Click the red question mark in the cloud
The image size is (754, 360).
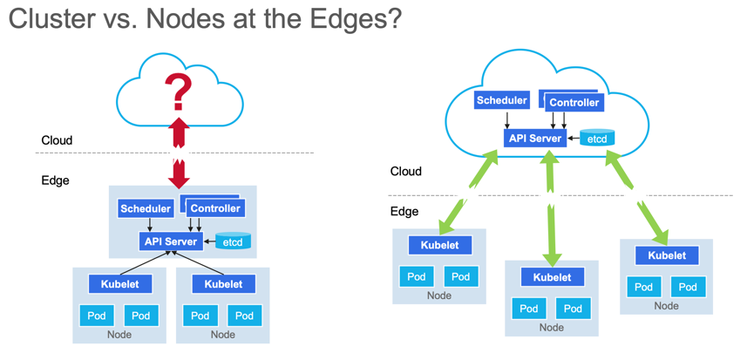(x=178, y=91)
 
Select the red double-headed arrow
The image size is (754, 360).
(x=179, y=151)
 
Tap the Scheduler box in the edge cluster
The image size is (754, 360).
(x=146, y=208)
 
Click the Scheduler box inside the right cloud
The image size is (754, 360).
(x=501, y=100)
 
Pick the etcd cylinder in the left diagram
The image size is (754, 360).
(x=234, y=241)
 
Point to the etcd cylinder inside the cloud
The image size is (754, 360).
(x=597, y=138)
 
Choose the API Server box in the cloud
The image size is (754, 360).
(x=534, y=138)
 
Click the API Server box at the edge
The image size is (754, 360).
(x=171, y=241)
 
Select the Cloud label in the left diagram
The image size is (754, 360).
(x=57, y=140)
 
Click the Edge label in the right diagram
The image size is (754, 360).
(x=404, y=211)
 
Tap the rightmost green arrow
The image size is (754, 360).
(x=636, y=197)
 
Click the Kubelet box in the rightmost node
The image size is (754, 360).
(x=667, y=255)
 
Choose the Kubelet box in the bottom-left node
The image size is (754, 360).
(x=119, y=283)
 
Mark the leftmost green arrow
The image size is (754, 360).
(x=468, y=191)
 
